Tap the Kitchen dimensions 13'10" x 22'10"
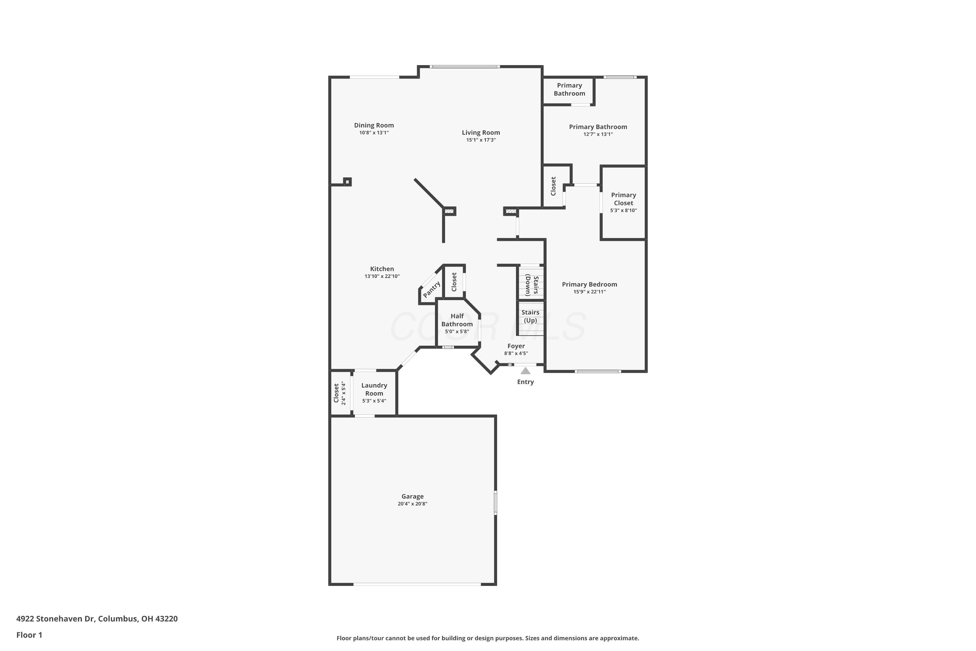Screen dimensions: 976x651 click(382, 276)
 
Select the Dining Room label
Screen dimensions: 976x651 click(373, 125)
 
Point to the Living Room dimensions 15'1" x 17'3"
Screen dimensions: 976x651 click(481, 140)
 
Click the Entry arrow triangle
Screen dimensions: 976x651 click(525, 370)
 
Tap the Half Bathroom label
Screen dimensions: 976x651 click(456, 320)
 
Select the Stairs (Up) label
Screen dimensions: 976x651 click(530, 316)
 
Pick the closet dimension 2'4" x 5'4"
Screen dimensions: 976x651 click(343, 393)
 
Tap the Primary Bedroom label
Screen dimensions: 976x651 click(589, 284)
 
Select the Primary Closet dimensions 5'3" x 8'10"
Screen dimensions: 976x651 click(623, 211)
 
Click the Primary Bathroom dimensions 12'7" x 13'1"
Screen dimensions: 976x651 click(598, 134)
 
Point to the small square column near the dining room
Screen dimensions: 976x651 click(347, 181)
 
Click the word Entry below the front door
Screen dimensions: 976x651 click(525, 382)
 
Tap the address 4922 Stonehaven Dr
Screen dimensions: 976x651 click(56, 619)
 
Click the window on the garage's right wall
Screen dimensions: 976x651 click(495, 503)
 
